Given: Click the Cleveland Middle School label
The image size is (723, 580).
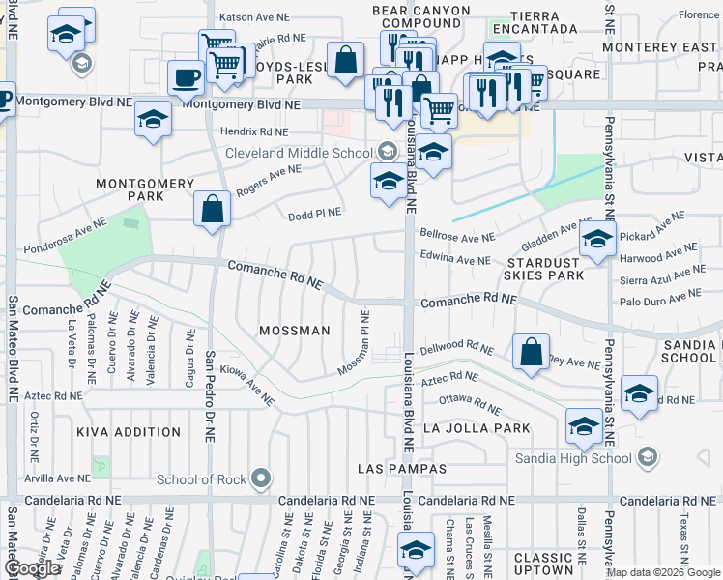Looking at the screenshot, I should click(x=299, y=153).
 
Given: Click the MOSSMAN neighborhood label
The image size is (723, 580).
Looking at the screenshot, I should click(x=295, y=331).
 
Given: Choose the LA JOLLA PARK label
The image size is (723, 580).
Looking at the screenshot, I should click(x=477, y=428).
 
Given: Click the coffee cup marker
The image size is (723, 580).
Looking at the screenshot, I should click(x=185, y=76).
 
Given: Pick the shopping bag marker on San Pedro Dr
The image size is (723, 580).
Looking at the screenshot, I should click(x=212, y=208).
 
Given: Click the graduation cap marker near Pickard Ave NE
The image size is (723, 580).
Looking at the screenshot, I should click(x=597, y=238).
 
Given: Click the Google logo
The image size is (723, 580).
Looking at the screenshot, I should click(x=32, y=568).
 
